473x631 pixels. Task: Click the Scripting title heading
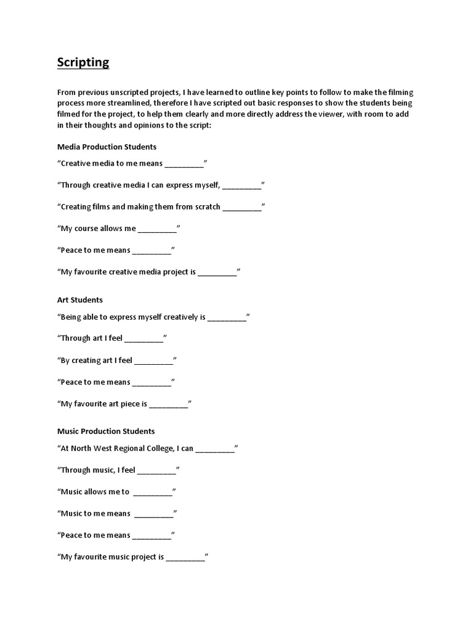[x=83, y=62]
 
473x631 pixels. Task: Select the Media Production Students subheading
[x=107, y=147]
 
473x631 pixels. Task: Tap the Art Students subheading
[x=80, y=299]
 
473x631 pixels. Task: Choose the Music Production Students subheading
[x=106, y=431]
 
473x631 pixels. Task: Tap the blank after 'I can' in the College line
[x=215, y=449]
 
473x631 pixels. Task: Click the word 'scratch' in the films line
[x=206, y=206]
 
